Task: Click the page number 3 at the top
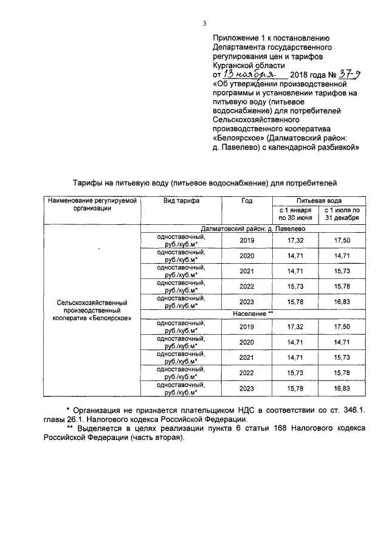205,24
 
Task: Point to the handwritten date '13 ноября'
247,72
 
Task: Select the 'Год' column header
246,201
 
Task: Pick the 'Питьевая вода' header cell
319,201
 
